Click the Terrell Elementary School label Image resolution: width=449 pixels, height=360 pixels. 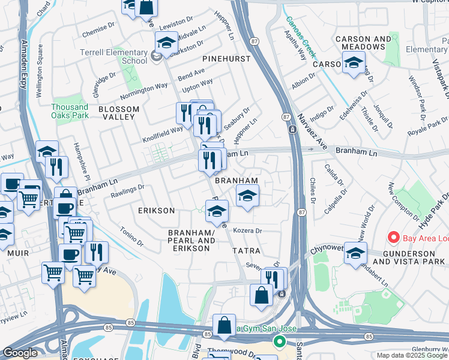coord(114,56)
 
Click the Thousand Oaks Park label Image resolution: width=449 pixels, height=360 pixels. coord(70,110)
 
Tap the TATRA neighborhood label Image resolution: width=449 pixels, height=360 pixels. coord(247,250)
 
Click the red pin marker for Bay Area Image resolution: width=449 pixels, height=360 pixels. coord(394,238)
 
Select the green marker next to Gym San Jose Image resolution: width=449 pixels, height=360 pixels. coord(279,342)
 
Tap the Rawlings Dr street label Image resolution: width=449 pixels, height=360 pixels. coord(127,190)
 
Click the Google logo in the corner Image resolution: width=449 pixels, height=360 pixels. coord(20,353)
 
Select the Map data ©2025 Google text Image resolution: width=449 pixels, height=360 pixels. coord(412,355)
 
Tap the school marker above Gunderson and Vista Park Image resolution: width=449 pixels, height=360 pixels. coord(355,253)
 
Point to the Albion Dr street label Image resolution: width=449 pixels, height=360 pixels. coord(303,82)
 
